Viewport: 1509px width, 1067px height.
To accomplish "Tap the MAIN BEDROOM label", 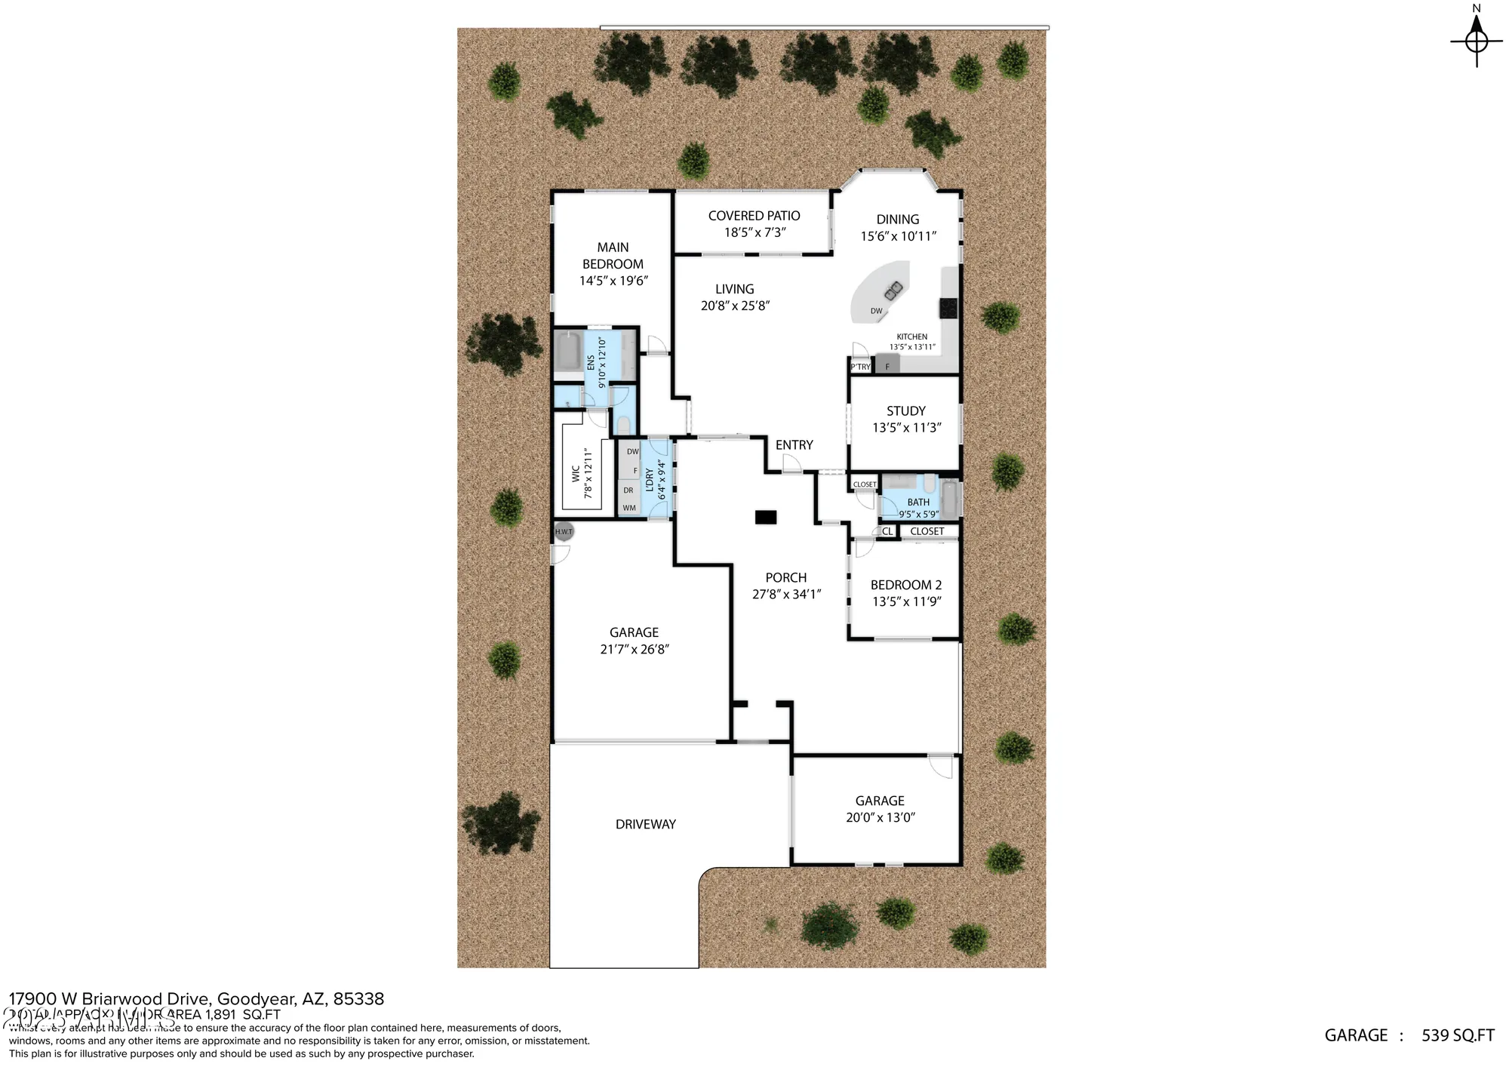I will (x=613, y=255).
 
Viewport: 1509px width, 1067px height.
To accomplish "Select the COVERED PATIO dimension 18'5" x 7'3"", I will (x=754, y=232).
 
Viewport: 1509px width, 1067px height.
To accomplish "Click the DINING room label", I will (x=897, y=220).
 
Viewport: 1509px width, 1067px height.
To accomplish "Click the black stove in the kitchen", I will (x=948, y=308).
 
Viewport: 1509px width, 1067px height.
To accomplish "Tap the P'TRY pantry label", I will (x=860, y=367).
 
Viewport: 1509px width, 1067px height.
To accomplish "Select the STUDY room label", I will (x=905, y=411).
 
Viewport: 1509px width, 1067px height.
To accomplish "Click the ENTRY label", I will (x=794, y=445).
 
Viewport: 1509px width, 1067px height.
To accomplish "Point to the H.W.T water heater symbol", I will (x=564, y=531).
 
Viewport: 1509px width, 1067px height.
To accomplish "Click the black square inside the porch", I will (x=766, y=517).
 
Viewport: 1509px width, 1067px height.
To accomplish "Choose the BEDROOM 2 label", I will (x=905, y=585).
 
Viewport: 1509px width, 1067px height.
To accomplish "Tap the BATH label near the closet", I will (x=918, y=503).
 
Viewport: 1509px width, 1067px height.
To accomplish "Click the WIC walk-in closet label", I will (x=576, y=473).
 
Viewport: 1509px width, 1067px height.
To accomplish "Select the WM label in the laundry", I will (x=629, y=508).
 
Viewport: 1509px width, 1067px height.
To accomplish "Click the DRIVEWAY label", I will (x=645, y=824).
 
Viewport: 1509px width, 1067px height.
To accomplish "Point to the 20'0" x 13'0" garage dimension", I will (x=880, y=817).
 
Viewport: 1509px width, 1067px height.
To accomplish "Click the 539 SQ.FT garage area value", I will (x=1457, y=1035).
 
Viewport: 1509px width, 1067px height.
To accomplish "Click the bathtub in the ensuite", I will (x=568, y=352).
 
